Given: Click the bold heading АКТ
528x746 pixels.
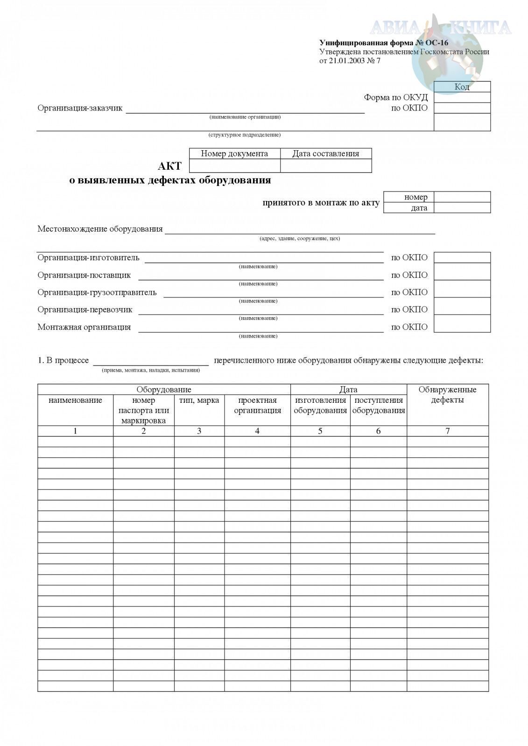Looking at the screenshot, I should pos(169,166).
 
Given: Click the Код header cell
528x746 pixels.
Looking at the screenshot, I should pos(462,87).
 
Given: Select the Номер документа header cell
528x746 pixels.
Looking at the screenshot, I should pos(234,153).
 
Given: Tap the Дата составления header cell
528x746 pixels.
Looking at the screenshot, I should pos(325,153).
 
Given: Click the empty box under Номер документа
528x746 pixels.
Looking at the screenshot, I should pos(234,166).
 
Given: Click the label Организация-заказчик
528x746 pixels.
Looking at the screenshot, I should pos(80,108).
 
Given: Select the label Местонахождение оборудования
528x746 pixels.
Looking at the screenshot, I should pos(100,229).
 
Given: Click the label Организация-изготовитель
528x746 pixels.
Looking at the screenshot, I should pos(88,258).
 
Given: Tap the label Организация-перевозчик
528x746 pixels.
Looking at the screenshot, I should pos(85,310).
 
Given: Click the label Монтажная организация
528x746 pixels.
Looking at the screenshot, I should pos(84,327).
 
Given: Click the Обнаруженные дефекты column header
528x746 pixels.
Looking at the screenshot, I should pos(447,394).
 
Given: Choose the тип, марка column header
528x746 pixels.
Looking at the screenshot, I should pos(199,401).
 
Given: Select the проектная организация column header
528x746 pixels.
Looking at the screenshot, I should pos(257,405).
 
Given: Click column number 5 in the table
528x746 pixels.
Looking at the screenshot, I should pos(320,431).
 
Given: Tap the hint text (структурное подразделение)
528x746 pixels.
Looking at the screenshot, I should pos(244,135).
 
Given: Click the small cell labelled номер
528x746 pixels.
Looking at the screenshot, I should pos(415,197).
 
